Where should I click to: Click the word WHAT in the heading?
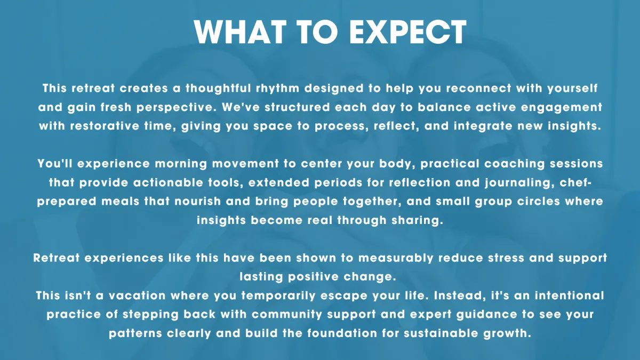click(x=240, y=31)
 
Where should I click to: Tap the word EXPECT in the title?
click(x=408, y=31)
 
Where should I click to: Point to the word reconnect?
click(x=478, y=89)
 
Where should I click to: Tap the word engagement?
click(x=562, y=108)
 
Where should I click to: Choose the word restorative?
click(x=105, y=126)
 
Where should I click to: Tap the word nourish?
click(x=198, y=202)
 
